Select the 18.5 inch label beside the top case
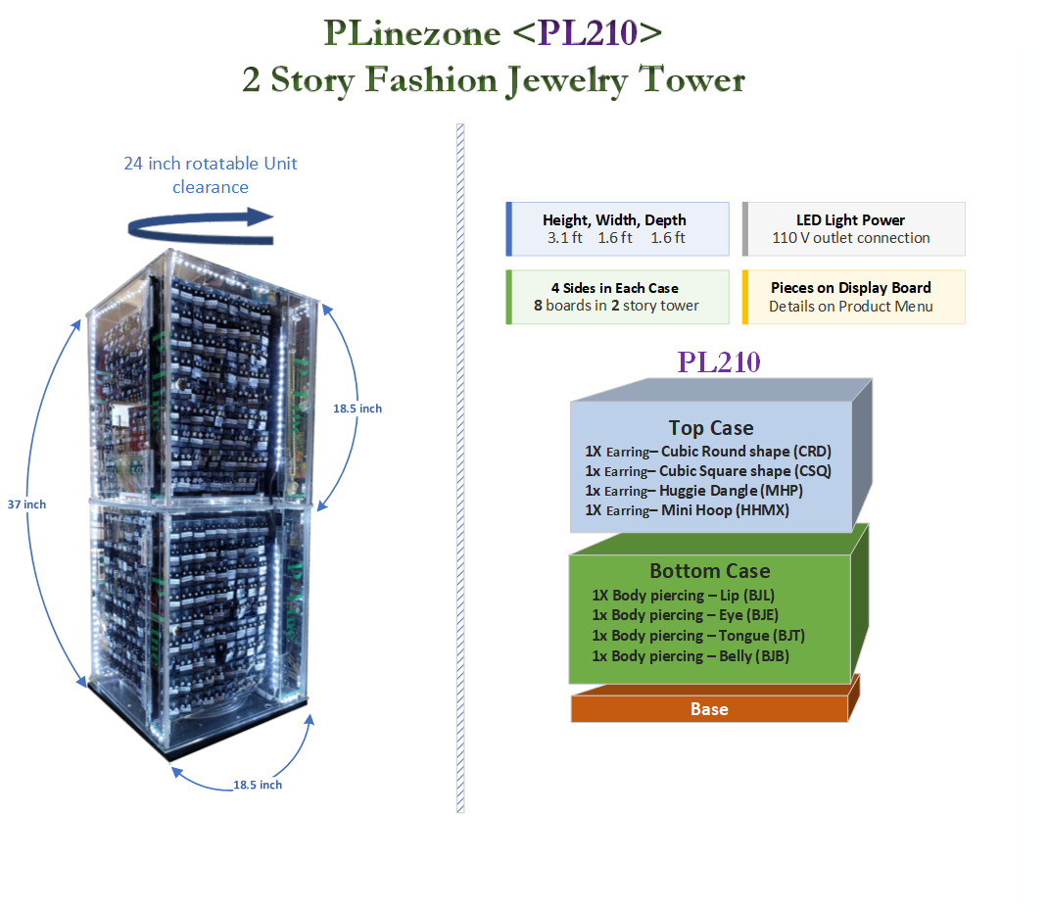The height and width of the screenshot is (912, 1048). coord(357,408)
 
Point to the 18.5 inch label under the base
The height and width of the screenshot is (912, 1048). coord(257,785)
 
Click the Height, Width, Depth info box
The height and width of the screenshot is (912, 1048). coord(617,228)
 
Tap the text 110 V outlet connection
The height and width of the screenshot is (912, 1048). coord(850,238)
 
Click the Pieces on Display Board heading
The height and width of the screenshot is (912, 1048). coord(850,288)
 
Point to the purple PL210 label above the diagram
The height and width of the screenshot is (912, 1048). coord(718,361)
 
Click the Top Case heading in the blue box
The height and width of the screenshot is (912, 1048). coord(711,428)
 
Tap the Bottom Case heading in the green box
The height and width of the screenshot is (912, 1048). coord(709,571)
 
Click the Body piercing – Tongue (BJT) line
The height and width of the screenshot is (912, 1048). coord(698,636)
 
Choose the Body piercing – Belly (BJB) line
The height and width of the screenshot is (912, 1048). coord(691,656)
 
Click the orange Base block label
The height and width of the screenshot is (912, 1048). coord(709,709)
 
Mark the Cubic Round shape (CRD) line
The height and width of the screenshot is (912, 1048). coord(708,452)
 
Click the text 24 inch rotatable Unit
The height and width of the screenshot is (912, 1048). coord(210,164)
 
